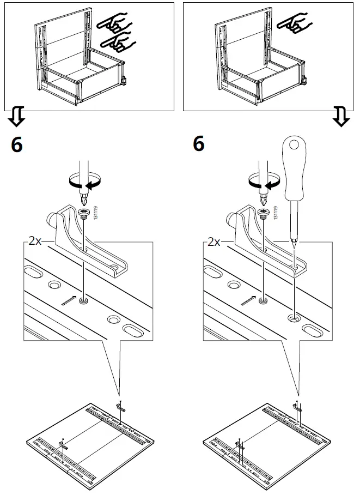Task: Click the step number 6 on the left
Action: pyautogui.click(x=17, y=145)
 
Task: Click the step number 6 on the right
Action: pyautogui.click(x=199, y=144)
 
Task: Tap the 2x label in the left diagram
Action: pyautogui.click(x=35, y=242)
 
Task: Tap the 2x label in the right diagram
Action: pyautogui.click(x=215, y=242)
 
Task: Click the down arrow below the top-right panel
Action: pyautogui.click(x=341, y=117)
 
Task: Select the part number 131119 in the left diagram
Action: pyautogui.click(x=95, y=213)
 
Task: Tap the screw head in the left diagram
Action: pyautogui.click(x=85, y=212)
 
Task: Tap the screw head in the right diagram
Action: pyautogui.click(x=264, y=212)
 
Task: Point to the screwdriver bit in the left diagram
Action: pyautogui.click(x=83, y=196)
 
